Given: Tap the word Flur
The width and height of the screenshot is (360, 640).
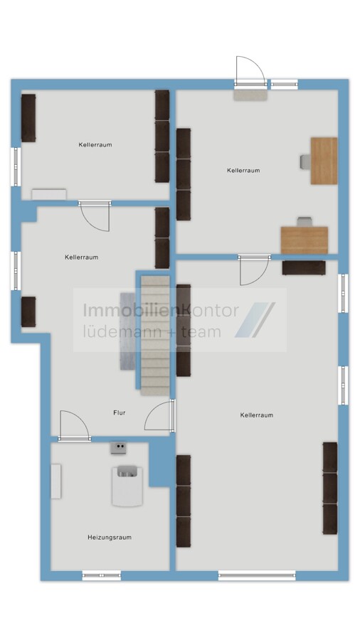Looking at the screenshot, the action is pyautogui.click(x=120, y=412).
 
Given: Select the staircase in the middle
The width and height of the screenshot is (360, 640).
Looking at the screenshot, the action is pyautogui.click(x=155, y=336).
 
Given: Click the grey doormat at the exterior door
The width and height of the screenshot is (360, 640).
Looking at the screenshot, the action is pyautogui.click(x=250, y=95).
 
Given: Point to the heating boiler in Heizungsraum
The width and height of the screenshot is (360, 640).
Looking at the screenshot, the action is pyautogui.click(x=127, y=486).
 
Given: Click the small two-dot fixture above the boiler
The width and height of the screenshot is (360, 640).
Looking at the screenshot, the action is pyautogui.click(x=120, y=448).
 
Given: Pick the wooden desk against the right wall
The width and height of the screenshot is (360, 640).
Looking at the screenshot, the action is pyautogui.click(x=324, y=161).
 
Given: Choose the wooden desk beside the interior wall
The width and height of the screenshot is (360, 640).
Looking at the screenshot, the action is pyautogui.click(x=305, y=240).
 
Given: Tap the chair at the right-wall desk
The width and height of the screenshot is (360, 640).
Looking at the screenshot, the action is pyautogui.click(x=306, y=161).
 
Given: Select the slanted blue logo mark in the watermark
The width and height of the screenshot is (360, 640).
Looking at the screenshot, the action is pyautogui.click(x=255, y=320).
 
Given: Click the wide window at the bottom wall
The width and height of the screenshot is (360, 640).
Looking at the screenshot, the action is pyautogui.click(x=257, y=575).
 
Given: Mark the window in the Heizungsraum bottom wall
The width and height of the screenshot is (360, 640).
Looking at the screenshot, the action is pyautogui.click(x=102, y=575).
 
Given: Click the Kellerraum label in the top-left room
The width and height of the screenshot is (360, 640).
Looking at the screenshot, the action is pyautogui.click(x=95, y=144).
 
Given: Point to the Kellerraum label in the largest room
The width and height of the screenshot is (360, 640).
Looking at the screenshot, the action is pyautogui.click(x=257, y=415).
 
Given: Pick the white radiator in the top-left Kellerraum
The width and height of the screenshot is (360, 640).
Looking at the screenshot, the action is pyautogui.click(x=49, y=194).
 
